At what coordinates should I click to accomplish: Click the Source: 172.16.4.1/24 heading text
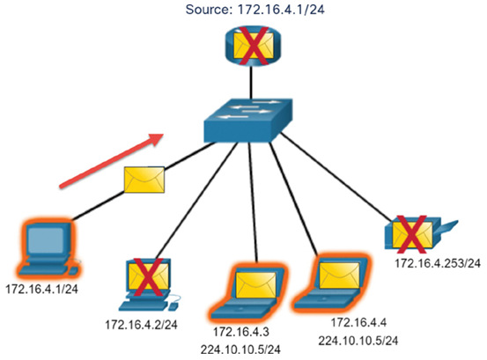[x=255, y=10]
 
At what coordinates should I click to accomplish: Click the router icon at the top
[x=253, y=46]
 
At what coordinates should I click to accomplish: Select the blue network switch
[x=248, y=121]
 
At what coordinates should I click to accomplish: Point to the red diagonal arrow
[x=112, y=161]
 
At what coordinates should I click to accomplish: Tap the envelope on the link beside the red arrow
[x=144, y=180]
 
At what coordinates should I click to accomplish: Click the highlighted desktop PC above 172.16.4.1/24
[x=48, y=249]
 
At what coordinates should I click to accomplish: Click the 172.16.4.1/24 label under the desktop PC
[x=42, y=290]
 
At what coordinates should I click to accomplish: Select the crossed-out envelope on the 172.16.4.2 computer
[x=149, y=277]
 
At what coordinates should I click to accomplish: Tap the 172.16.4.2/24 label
[x=141, y=325]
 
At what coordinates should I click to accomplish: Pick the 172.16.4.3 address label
[x=241, y=332]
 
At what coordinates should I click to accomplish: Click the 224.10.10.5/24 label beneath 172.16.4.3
[x=240, y=349]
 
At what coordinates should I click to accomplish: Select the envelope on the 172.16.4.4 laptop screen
[x=339, y=276]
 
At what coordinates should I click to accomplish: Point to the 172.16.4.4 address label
[x=358, y=322]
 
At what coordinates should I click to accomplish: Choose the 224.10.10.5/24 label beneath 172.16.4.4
[x=358, y=341]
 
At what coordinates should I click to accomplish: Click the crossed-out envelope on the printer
[x=412, y=233]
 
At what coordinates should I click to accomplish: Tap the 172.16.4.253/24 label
[x=438, y=263]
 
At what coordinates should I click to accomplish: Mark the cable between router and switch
[x=251, y=83]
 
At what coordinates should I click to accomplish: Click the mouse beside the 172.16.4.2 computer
[x=173, y=306]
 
